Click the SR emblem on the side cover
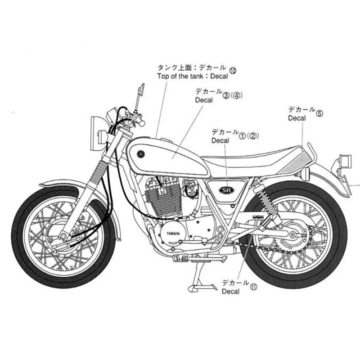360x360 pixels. pyautogui.click(x=227, y=189)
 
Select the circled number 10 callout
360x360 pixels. pyautogui.click(x=233, y=70)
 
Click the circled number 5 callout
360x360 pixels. pyautogui.click(x=319, y=113)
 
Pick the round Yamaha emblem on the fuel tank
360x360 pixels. pyautogui.click(x=140, y=153)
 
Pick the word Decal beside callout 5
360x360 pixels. pyautogui.click(x=297, y=118)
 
